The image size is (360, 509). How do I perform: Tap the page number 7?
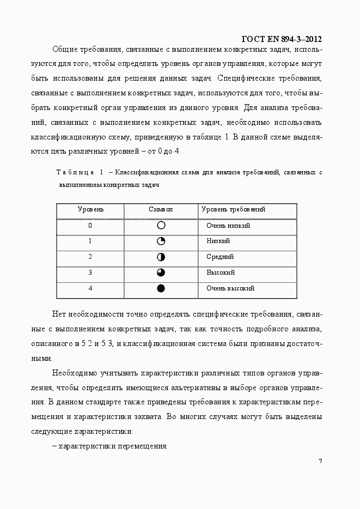coord(320,461)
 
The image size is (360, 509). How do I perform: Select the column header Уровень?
coord(90,210)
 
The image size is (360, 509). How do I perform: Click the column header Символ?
coord(161,210)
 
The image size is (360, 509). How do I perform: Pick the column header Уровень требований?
coord(233,210)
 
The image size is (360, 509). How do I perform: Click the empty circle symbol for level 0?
coord(161,226)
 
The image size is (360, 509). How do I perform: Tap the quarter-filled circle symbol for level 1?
coord(161,241)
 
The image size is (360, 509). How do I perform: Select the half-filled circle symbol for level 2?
coord(161,257)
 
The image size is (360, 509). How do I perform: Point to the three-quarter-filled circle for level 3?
coord(161,272)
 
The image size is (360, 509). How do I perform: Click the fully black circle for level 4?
coord(161,288)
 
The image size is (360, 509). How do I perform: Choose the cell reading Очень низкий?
coord(228,226)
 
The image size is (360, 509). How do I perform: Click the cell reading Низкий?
coord(218,241)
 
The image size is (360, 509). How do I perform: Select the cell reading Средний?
coord(220,257)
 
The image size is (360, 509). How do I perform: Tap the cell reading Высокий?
coord(221,272)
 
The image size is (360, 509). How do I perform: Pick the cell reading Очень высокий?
coord(230,288)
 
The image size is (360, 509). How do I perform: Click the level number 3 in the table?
coord(90,272)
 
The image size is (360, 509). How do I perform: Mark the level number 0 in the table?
coord(90,226)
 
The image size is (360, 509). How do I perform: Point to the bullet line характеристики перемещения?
coord(112,446)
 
